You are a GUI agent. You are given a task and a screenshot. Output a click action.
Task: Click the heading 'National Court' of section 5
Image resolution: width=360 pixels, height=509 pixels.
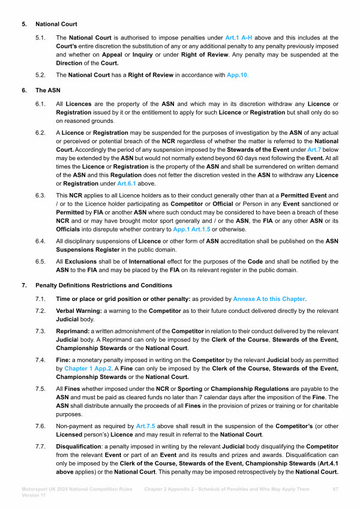(x=57, y=25)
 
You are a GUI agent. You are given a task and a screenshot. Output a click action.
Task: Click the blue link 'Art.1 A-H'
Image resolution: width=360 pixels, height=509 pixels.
(x=240, y=38)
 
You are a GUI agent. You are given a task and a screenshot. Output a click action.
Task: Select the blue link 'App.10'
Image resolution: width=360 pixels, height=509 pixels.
(x=236, y=76)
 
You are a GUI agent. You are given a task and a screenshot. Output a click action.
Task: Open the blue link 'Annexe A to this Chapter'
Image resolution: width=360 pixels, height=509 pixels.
(x=269, y=298)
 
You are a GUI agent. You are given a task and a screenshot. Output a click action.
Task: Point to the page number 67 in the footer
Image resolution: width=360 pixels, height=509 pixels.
(x=336, y=490)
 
